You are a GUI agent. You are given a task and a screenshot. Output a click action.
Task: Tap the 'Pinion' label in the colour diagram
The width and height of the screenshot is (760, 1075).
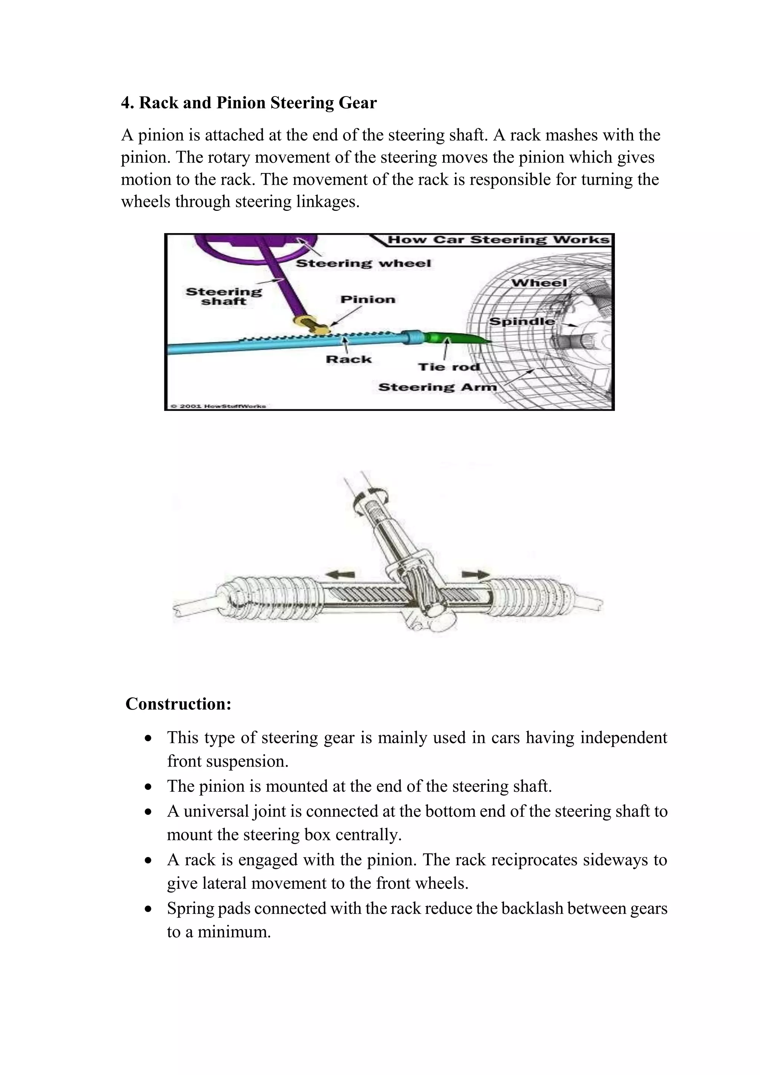tap(367, 300)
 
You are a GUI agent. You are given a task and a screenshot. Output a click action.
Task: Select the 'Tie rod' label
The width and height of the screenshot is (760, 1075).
tap(449, 367)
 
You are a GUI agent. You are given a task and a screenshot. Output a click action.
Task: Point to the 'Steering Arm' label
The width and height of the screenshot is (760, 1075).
tap(437, 387)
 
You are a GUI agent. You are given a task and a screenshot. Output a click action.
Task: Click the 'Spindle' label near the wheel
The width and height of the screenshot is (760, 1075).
tap(522, 322)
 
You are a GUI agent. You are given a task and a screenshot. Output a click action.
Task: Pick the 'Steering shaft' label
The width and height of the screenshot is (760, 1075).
tap(224, 296)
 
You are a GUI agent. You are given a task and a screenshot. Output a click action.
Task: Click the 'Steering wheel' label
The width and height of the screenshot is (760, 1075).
tap(363, 264)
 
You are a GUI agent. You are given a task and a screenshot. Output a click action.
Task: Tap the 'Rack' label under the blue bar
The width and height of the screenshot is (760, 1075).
tap(349, 360)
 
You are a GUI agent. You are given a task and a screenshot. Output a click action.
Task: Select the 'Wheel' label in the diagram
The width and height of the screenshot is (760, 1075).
tap(539, 283)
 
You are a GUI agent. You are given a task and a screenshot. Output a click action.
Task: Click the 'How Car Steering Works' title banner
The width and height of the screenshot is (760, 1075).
tap(498, 240)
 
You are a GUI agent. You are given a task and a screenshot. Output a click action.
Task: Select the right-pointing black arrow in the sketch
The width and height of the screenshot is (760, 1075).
tap(475, 574)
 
